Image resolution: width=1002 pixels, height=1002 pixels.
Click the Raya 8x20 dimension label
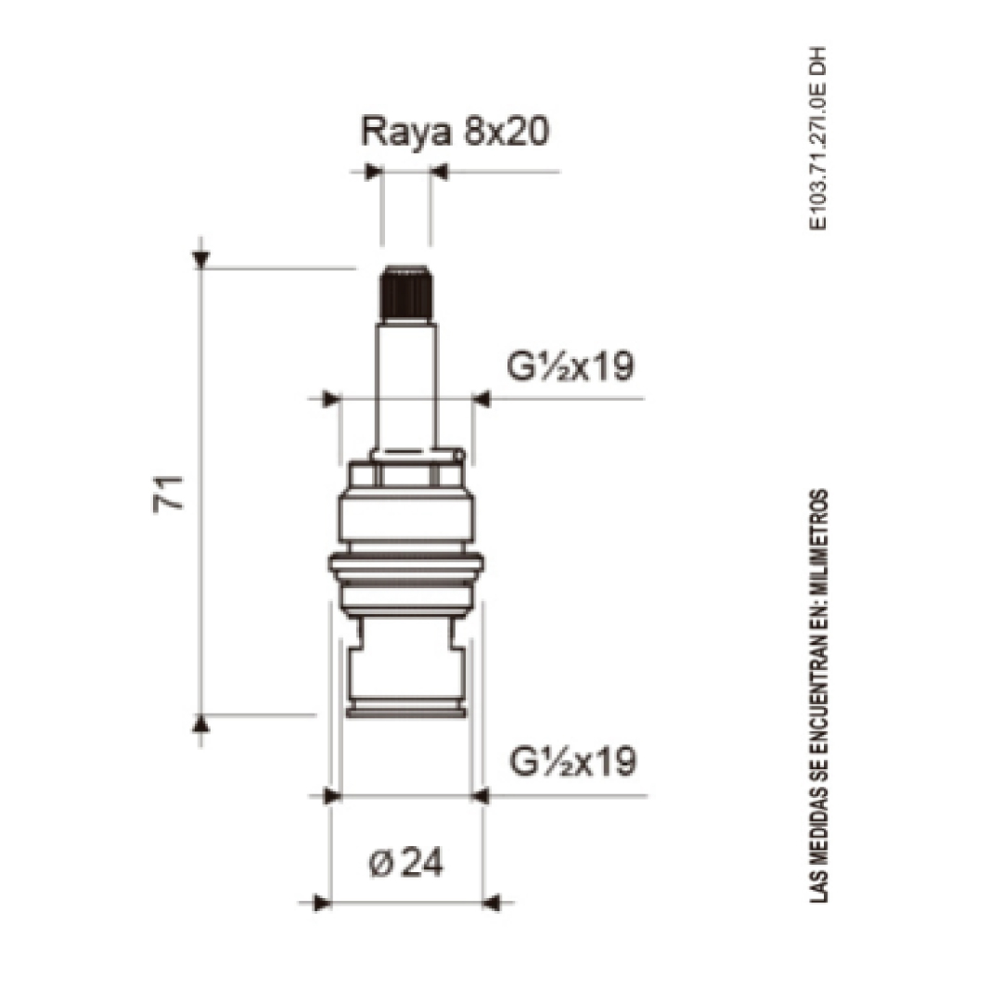[x=455, y=133]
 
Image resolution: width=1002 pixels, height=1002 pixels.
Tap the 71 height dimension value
[x=168, y=494]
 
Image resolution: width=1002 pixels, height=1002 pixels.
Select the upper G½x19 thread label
[x=570, y=366]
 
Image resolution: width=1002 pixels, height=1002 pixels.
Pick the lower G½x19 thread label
[x=572, y=761]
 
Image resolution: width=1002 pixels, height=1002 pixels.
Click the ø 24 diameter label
[x=406, y=864]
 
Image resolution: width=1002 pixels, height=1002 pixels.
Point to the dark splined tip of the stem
[x=406, y=292]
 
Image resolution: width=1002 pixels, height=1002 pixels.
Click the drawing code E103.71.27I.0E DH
[x=818, y=138]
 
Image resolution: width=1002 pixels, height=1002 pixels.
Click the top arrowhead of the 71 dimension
[x=200, y=260]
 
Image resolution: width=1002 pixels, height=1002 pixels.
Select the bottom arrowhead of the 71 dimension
[x=200, y=724]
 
